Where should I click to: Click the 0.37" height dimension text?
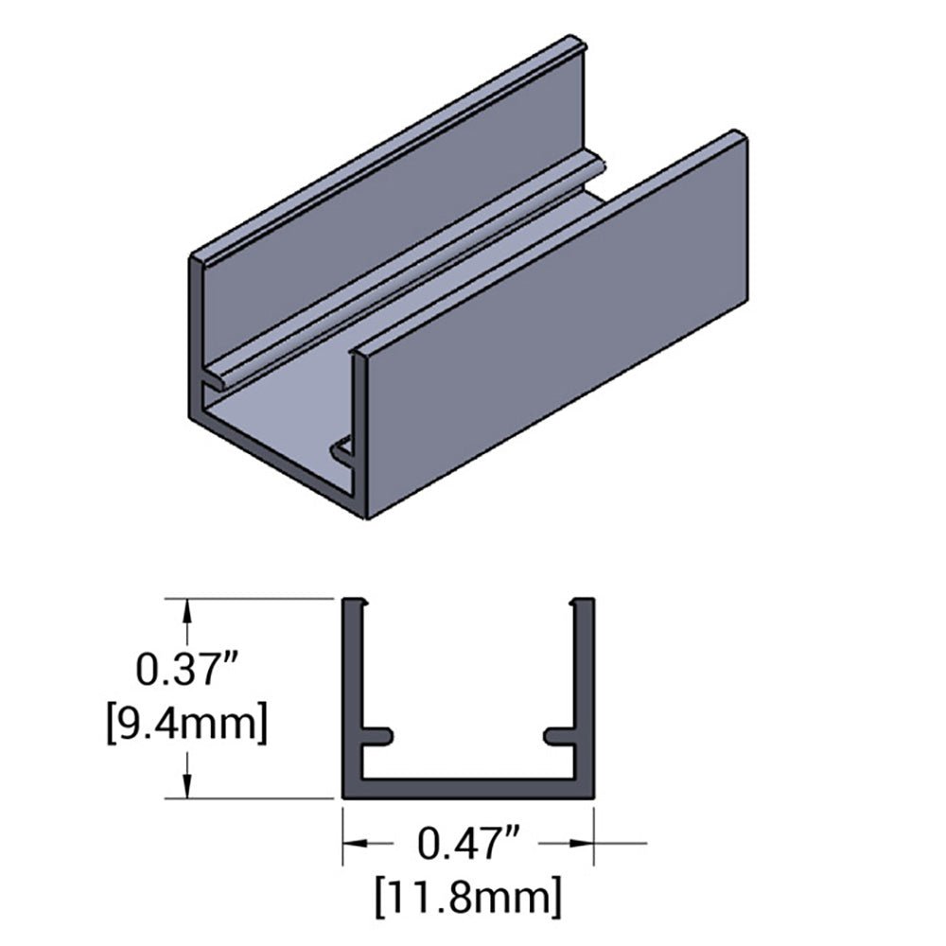point(193,669)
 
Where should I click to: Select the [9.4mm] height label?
point(193,725)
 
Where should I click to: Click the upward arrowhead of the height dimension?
point(189,612)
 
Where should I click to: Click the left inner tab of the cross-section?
point(377,734)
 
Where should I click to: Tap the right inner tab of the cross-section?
point(559,734)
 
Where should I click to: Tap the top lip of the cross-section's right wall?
point(583,603)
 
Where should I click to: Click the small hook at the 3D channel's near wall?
point(341,449)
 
